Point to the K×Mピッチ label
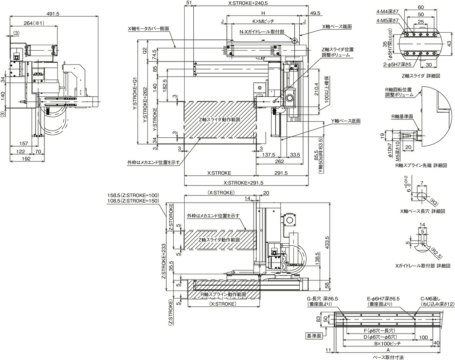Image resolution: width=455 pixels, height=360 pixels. click(x=263, y=21)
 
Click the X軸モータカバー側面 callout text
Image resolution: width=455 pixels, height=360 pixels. click(x=149, y=29)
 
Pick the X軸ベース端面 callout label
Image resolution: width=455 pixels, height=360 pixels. click(x=337, y=26)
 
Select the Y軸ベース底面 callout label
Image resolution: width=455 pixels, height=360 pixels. click(x=346, y=121)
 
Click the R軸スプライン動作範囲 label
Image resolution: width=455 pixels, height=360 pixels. click(x=224, y=294)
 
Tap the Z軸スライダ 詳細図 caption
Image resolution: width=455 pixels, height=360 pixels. click(x=421, y=76)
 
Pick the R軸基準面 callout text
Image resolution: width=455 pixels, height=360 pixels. click(x=402, y=116)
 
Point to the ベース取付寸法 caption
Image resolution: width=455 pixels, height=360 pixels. click(x=388, y=357)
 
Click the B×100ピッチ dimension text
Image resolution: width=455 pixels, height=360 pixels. click(x=388, y=343)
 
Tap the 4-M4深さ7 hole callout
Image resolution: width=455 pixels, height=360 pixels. click(x=388, y=11)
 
